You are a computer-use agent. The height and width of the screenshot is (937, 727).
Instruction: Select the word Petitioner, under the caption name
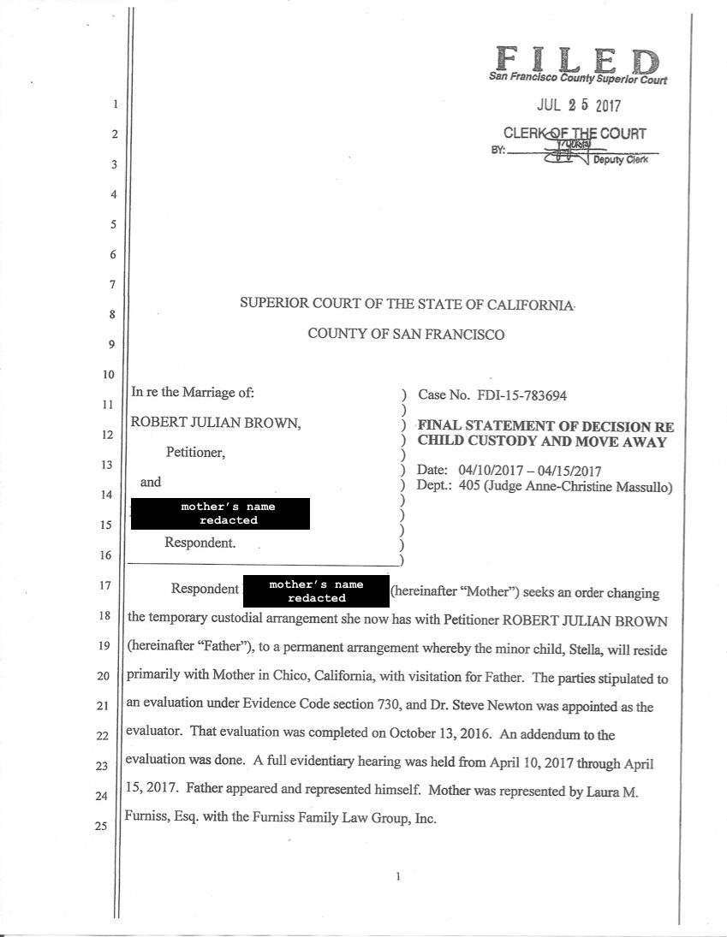point(196,453)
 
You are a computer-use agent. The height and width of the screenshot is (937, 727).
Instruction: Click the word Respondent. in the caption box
point(200,543)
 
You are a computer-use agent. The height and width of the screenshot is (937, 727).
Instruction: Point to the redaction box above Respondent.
point(219,513)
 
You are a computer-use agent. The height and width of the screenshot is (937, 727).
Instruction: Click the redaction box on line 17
point(316,591)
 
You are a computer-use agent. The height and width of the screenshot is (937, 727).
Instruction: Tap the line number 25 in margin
point(101,827)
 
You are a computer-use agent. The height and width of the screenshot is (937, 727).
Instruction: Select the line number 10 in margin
point(101,375)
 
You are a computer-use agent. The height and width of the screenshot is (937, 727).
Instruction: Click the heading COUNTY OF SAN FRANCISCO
point(406,335)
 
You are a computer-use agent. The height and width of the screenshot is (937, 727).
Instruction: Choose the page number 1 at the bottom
point(399,876)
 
